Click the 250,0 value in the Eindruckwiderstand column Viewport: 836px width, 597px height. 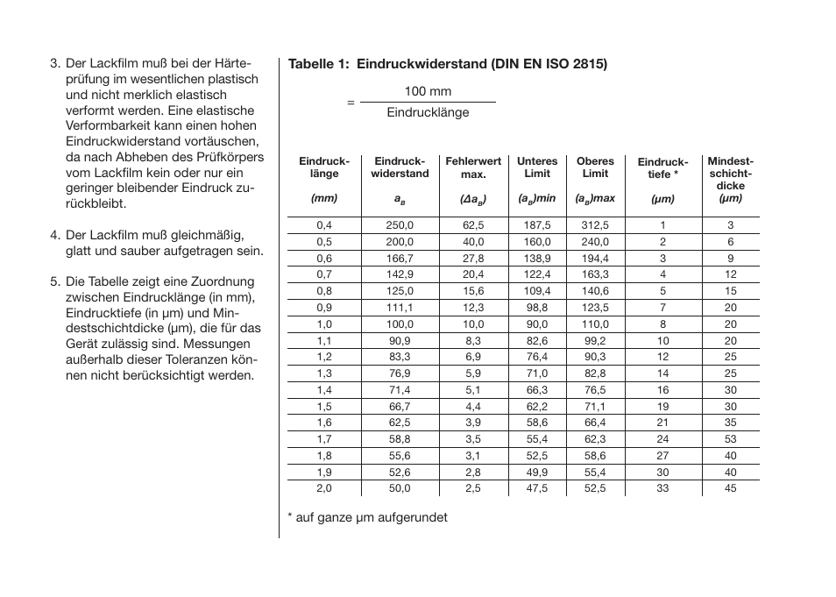point(400,225)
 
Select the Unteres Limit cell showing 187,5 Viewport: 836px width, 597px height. point(537,225)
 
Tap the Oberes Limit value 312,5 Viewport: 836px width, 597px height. point(595,225)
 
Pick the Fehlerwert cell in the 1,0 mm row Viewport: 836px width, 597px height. point(473,324)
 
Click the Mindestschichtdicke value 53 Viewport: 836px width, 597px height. point(730,439)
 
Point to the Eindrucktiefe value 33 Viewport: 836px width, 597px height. point(662,488)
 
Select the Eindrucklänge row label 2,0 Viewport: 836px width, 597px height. point(324,488)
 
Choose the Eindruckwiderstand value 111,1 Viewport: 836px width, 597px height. point(400,308)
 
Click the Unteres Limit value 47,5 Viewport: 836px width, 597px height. point(537,488)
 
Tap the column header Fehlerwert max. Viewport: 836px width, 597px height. point(473,167)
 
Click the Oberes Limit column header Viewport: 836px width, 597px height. point(595,167)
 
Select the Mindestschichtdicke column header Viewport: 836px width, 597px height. point(730,174)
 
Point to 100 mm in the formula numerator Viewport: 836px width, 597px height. point(428,91)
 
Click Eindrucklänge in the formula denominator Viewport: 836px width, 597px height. point(428,113)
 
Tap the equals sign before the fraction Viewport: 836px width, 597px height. point(351,103)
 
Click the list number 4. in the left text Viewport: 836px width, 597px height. point(55,235)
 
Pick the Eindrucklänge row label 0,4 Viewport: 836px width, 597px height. point(324,225)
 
